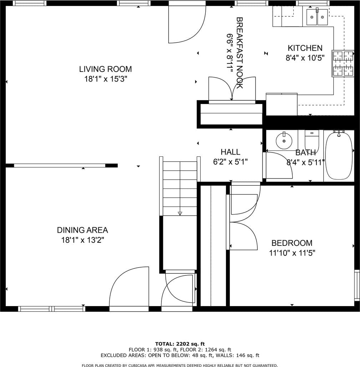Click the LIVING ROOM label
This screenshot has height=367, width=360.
pos(106,69)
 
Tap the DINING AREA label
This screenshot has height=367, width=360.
pos(82,230)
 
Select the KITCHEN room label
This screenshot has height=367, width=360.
pos(305,48)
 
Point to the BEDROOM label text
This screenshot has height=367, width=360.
pos(292,243)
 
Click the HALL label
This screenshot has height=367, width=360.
pos(230,152)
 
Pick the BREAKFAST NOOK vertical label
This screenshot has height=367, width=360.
pos(240,53)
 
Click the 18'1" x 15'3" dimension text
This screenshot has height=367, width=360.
pos(106,79)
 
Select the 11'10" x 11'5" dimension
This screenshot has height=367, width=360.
pos(292,253)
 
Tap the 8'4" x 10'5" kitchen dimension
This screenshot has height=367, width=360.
pos(305,58)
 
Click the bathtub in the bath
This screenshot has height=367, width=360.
pos(339,155)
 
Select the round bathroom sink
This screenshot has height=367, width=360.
pos(284,141)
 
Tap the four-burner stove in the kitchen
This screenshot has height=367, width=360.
pos(343,63)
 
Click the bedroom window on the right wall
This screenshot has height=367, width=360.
pos(357,285)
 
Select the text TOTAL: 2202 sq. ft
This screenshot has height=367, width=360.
pos(180,344)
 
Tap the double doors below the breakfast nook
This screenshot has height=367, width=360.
pos(232,89)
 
